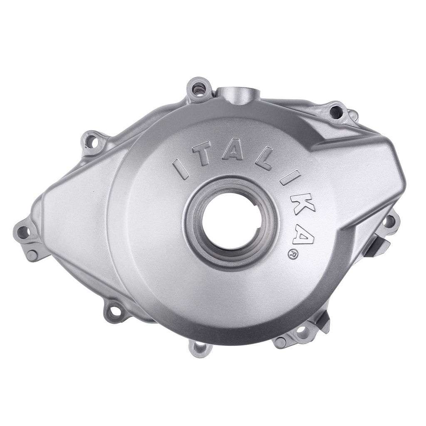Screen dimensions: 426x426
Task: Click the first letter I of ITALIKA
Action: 181,168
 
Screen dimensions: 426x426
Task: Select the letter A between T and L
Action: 233,152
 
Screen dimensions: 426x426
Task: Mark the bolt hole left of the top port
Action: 199,88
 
